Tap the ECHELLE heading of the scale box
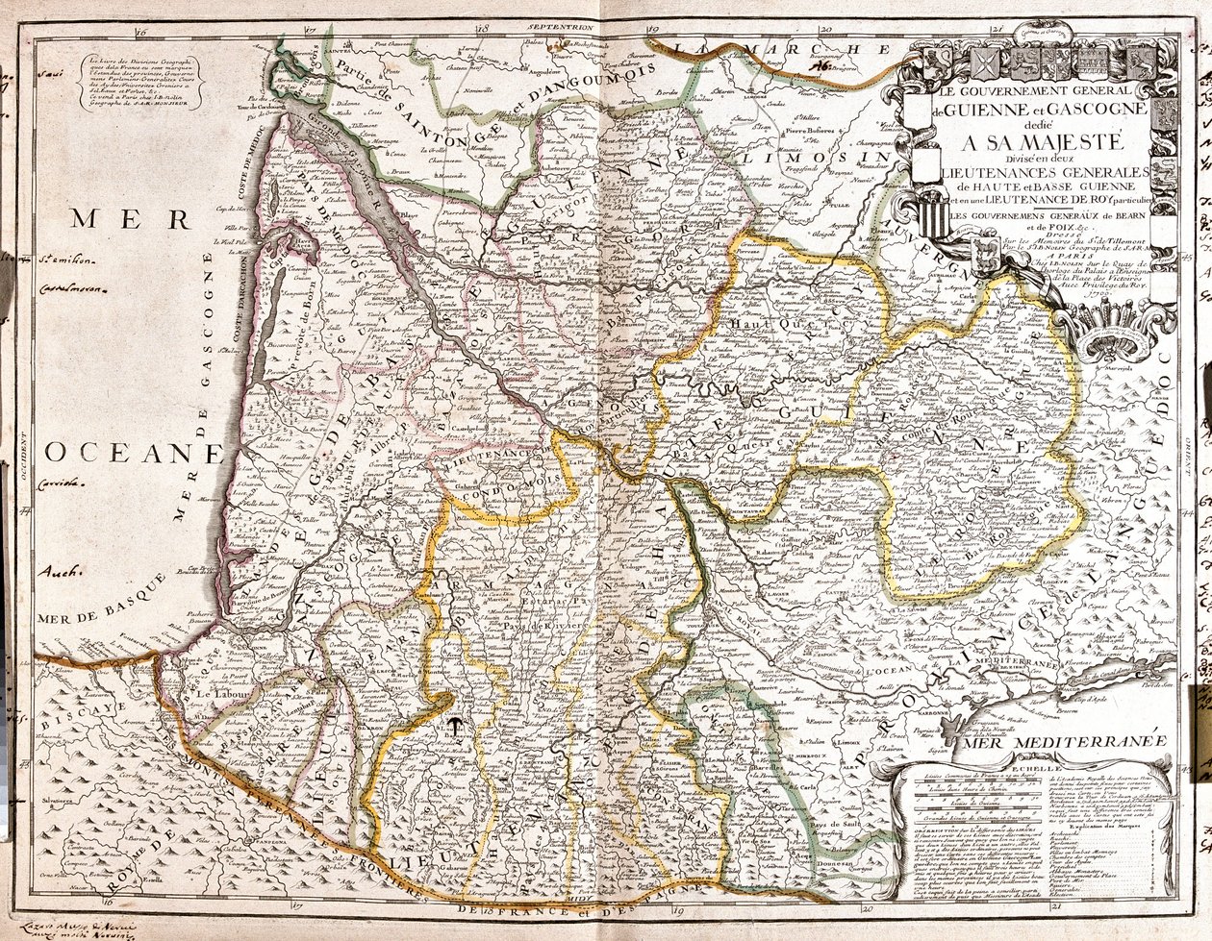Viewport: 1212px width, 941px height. click(x=1028, y=769)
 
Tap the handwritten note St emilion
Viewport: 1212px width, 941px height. click(x=62, y=258)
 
